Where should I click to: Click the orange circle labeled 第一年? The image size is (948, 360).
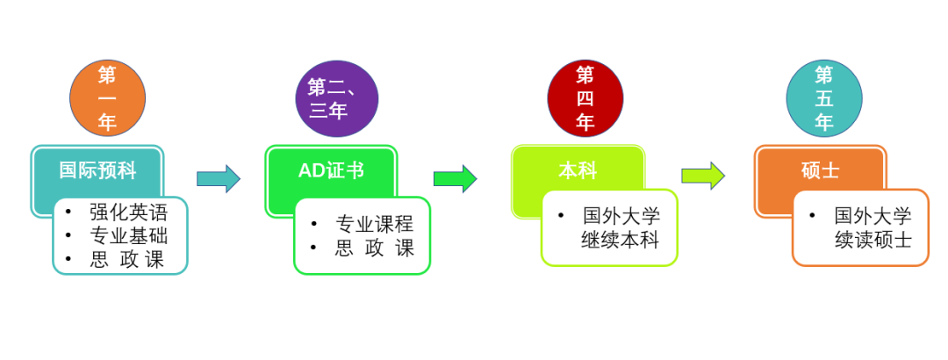click(107, 97)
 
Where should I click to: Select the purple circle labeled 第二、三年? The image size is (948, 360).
click(337, 98)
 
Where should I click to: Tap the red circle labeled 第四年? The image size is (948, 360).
click(585, 97)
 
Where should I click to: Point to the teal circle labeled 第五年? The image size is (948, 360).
click(823, 97)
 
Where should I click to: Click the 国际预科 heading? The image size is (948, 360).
click(97, 169)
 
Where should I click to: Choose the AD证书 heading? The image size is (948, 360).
click(331, 169)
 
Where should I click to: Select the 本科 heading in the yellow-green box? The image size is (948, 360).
click(578, 169)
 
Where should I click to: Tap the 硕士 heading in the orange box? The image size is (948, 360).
click(820, 169)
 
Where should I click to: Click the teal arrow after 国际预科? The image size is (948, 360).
click(218, 178)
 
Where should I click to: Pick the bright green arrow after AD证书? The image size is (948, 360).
click(455, 178)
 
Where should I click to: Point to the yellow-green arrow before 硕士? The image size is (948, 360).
click(703, 176)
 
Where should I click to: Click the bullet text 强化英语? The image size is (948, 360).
click(128, 212)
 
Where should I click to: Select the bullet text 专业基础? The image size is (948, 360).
click(128, 235)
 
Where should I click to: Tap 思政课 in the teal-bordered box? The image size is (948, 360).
click(128, 259)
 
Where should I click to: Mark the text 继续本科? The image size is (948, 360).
click(620, 239)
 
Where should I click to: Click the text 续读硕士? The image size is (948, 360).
click(873, 239)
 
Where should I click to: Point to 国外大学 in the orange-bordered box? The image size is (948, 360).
click(873, 215)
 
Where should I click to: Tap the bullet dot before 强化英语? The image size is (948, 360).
click(68, 212)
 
